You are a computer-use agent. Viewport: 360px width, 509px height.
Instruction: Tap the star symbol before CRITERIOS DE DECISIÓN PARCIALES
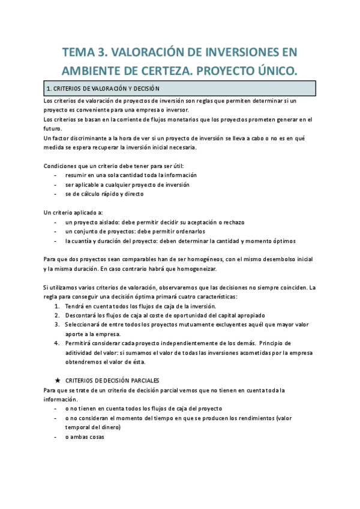click(x=57, y=380)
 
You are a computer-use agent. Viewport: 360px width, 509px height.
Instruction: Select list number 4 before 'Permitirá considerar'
click(x=57, y=343)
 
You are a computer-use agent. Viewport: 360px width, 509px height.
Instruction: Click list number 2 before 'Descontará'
click(x=57, y=315)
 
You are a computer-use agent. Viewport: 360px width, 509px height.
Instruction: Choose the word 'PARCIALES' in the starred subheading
click(x=142, y=380)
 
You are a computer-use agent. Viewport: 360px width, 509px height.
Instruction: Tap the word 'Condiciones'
click(x=62, y=166)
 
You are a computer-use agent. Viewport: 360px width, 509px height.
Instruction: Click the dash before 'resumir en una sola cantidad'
click(x=56, y=175)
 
